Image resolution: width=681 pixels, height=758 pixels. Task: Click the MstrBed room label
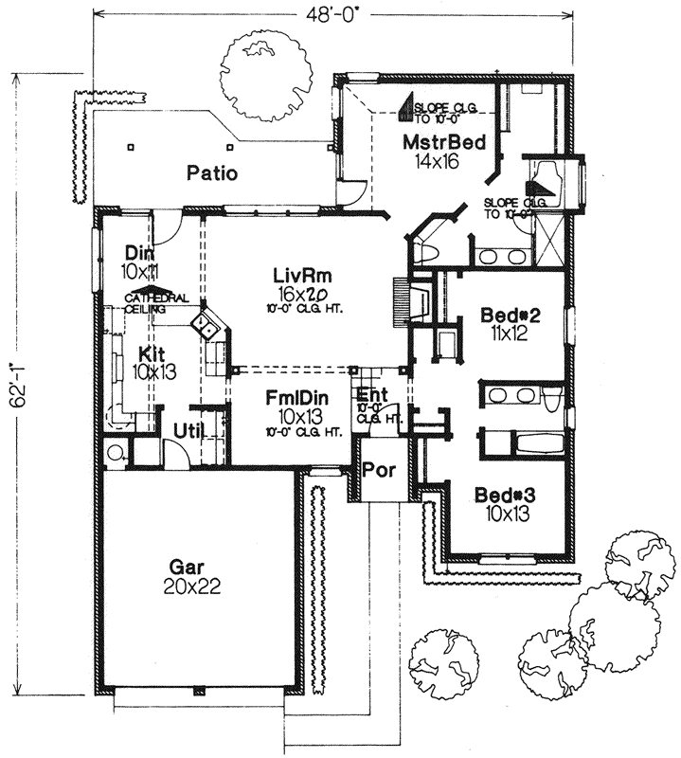pyautogui.click(x=444, y=143)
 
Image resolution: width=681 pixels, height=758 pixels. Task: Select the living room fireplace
pyautogui.click(x=400, y=303)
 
